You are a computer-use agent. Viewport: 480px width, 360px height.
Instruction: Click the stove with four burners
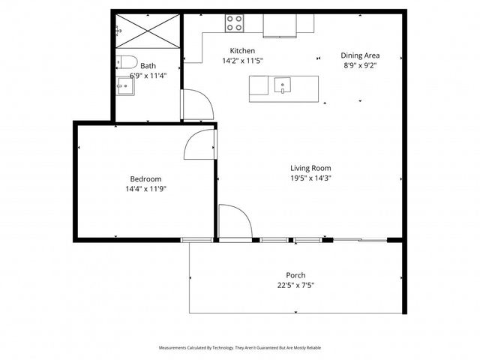(x=235, y=24)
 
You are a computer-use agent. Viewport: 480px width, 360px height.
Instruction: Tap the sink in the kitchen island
(x=283, y=84)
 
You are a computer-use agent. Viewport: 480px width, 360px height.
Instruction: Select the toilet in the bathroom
(x=125, y=62)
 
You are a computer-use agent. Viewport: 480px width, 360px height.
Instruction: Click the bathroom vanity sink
(x=124, y=87)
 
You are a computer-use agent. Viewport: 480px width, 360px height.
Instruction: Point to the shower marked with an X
(x=147, y=31)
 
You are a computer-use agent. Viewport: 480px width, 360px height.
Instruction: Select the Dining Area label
(x=360, y=55)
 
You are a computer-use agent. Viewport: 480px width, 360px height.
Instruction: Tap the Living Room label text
(x=310, y=168)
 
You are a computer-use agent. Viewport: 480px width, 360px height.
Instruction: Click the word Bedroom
(x=145, y=179)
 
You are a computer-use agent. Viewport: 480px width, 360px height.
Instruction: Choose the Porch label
(x=295, y=275)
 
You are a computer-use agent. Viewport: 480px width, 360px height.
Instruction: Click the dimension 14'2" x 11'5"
(x=242, y=61)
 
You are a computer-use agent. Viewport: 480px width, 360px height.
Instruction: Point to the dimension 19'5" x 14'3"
(x=310, y=178)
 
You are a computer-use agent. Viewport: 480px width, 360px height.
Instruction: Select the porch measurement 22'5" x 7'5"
(x=295, y=285)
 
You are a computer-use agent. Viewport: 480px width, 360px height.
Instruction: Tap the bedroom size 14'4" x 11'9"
(x=147, y=189)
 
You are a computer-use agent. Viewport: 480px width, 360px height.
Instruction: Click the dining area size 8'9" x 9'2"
(x=359, y=65)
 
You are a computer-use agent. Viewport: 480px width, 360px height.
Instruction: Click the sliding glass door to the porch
(x=360, y=240)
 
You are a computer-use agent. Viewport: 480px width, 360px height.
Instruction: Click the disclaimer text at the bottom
(x=239, y=348)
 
